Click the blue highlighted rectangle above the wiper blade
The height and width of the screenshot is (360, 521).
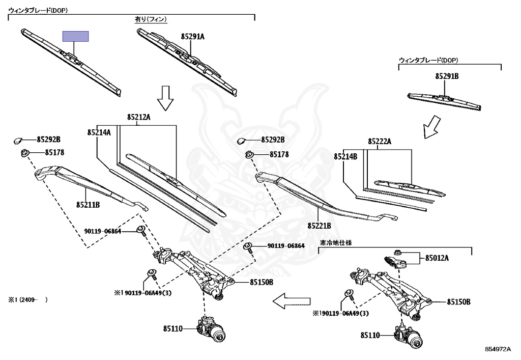coord(76,36)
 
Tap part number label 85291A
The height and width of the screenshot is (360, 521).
coord(193,37)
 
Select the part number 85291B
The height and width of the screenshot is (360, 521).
coord(447,76)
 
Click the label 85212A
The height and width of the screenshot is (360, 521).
coord(138,117)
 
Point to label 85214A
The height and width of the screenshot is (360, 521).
coord(99,132)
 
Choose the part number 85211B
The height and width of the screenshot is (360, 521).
coord(88,205)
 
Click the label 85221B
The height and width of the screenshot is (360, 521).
coord(320,226)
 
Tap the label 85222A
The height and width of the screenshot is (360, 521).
coord(380,142)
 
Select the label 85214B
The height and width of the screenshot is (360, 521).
coord(345,156)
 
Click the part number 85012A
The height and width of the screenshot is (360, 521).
coord(437,258)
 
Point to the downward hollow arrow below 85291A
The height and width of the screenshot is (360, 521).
coord(165,98)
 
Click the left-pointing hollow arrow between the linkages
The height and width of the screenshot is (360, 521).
coord(292,301)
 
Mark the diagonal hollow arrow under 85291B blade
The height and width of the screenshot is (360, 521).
coord(432,127)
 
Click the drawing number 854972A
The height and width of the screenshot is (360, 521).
coord(498,349)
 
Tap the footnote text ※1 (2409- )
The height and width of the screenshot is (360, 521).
coord(28,299)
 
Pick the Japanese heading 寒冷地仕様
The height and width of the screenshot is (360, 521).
coord(336,243)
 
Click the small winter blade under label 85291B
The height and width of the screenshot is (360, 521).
coord(444,101)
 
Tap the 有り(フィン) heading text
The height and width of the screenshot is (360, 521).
coord(151,19)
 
